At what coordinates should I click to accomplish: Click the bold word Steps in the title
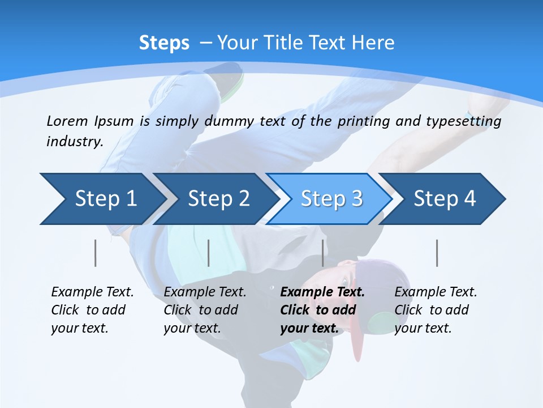pyautogui.click(x=164, y=42)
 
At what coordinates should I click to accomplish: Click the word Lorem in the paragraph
pyautogui.click(x=67, y=121)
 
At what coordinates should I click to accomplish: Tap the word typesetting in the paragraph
pyautogui.click(x=464, y=121)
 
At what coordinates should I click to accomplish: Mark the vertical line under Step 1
pyautogui.click(x=96, y=253)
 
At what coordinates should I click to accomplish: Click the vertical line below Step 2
pyautogui.click(x=209, y=253)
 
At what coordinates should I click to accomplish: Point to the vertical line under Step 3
pyautogui.click(x=323, y=253)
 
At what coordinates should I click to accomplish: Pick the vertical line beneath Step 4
pyautogui.click(x=437, y=253)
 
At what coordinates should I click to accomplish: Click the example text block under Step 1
pyautogui.click(x=92, y=310)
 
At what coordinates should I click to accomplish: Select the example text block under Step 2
pyautogui.click(x=205, y=310)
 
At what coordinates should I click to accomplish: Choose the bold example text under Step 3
pyautogui.click(x=322, y=310)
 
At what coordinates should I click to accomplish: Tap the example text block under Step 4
pyautogui.click(x=436, y=310)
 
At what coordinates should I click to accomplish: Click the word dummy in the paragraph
pyautogui.click(x=229, y=121)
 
